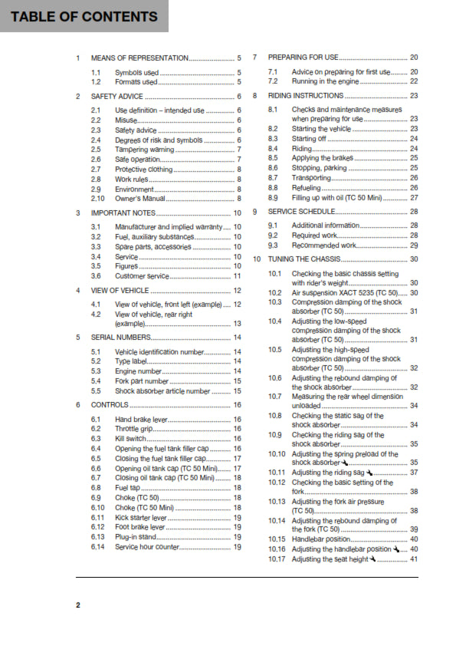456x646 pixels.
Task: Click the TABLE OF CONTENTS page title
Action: [x=80, y=17]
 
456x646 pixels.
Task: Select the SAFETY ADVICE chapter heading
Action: [x=116, y=97]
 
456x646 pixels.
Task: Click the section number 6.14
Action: [x=97, y=547]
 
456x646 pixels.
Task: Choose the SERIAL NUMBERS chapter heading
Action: [x=121, y=337]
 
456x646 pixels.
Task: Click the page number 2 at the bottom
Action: [x=77, y=605]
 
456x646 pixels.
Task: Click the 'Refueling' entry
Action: [x=307, y=187]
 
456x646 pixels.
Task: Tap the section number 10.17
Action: [x=277, y=559]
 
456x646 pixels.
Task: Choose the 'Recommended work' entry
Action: [x=324, y=245]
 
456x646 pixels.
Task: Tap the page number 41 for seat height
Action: [x=414, y=559]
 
